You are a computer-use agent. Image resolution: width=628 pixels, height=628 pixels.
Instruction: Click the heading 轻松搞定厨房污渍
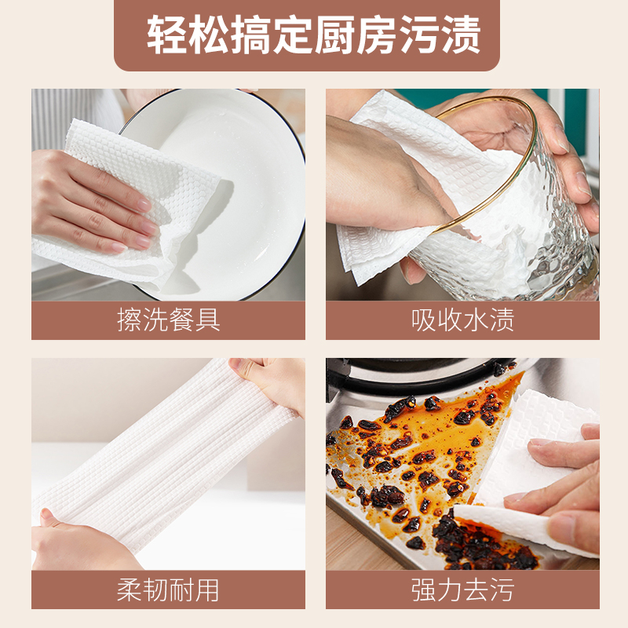[x=313, y=35]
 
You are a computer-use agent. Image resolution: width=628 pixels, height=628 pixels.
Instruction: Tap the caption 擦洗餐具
[x=169, y=320]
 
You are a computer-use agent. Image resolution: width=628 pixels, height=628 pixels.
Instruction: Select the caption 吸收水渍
[x=462, y=320]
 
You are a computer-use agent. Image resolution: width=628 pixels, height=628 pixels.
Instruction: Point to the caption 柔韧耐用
[x=168, y=590]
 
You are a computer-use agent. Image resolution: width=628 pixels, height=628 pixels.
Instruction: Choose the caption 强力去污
[x=462, y=590]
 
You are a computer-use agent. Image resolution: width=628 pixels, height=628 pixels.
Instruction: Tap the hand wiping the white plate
[x=92, y=200]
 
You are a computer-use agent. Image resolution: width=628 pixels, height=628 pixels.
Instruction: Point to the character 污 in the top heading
[x=419, y=35]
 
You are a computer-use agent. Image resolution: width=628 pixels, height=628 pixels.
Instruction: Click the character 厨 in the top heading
[x=335, y=35]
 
